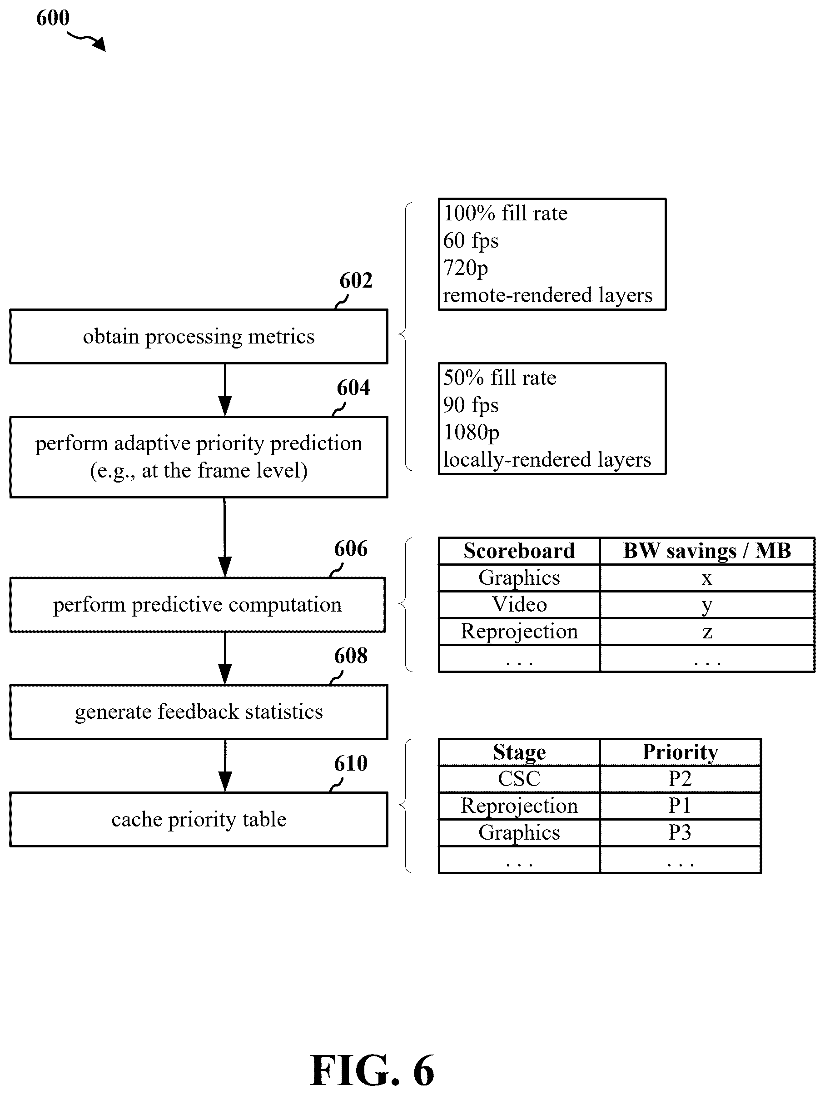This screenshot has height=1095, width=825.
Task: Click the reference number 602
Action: (355, 281)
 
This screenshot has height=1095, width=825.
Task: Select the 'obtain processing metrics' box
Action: (199, 337)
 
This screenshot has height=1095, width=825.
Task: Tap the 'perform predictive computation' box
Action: (198, 604)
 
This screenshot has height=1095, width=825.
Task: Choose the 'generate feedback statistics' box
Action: (199, 712)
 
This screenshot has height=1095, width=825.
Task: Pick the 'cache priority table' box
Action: (199, 819)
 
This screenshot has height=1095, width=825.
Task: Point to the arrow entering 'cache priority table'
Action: (225, 766)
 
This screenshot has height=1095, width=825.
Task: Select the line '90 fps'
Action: (471, 405)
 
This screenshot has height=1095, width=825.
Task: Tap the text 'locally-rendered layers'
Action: (547, 459)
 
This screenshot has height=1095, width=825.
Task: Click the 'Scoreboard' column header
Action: (519, 551)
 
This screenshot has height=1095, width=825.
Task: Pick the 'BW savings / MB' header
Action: (707, 551)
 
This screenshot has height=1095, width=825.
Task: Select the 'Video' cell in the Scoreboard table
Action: (519, 604)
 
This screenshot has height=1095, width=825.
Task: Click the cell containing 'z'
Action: (707, 632)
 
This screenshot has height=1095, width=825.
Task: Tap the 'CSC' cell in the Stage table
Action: (519, 779)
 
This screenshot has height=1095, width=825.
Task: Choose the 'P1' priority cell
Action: (680, 806)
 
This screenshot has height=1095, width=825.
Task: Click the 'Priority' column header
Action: (680, 752)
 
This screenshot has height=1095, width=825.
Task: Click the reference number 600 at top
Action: (53, 18)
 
